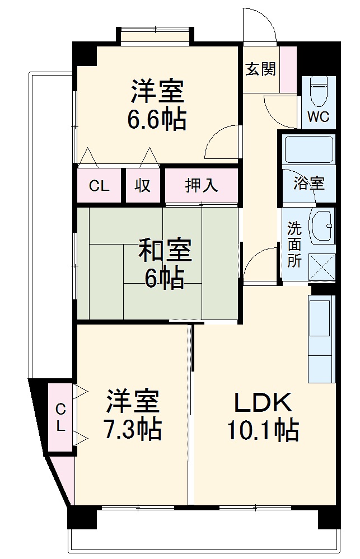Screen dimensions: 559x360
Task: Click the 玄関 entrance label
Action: tap(260, 69)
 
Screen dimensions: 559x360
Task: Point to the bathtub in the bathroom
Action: tap(308, 150)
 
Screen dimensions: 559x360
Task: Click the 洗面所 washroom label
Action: tap(294, 245)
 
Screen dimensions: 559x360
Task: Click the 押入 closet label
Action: tap(202, 185)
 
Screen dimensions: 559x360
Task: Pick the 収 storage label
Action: tap(142, 185)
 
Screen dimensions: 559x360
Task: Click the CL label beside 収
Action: tap(99, 186)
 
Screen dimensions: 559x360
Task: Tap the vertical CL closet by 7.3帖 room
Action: tap(60, 417)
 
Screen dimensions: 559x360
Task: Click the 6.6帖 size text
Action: tap(157, 119)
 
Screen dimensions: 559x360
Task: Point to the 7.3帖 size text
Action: tap(133, 430)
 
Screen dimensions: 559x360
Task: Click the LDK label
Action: tap(262, 402)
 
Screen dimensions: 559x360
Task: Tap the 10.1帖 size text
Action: tap(262, 430)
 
